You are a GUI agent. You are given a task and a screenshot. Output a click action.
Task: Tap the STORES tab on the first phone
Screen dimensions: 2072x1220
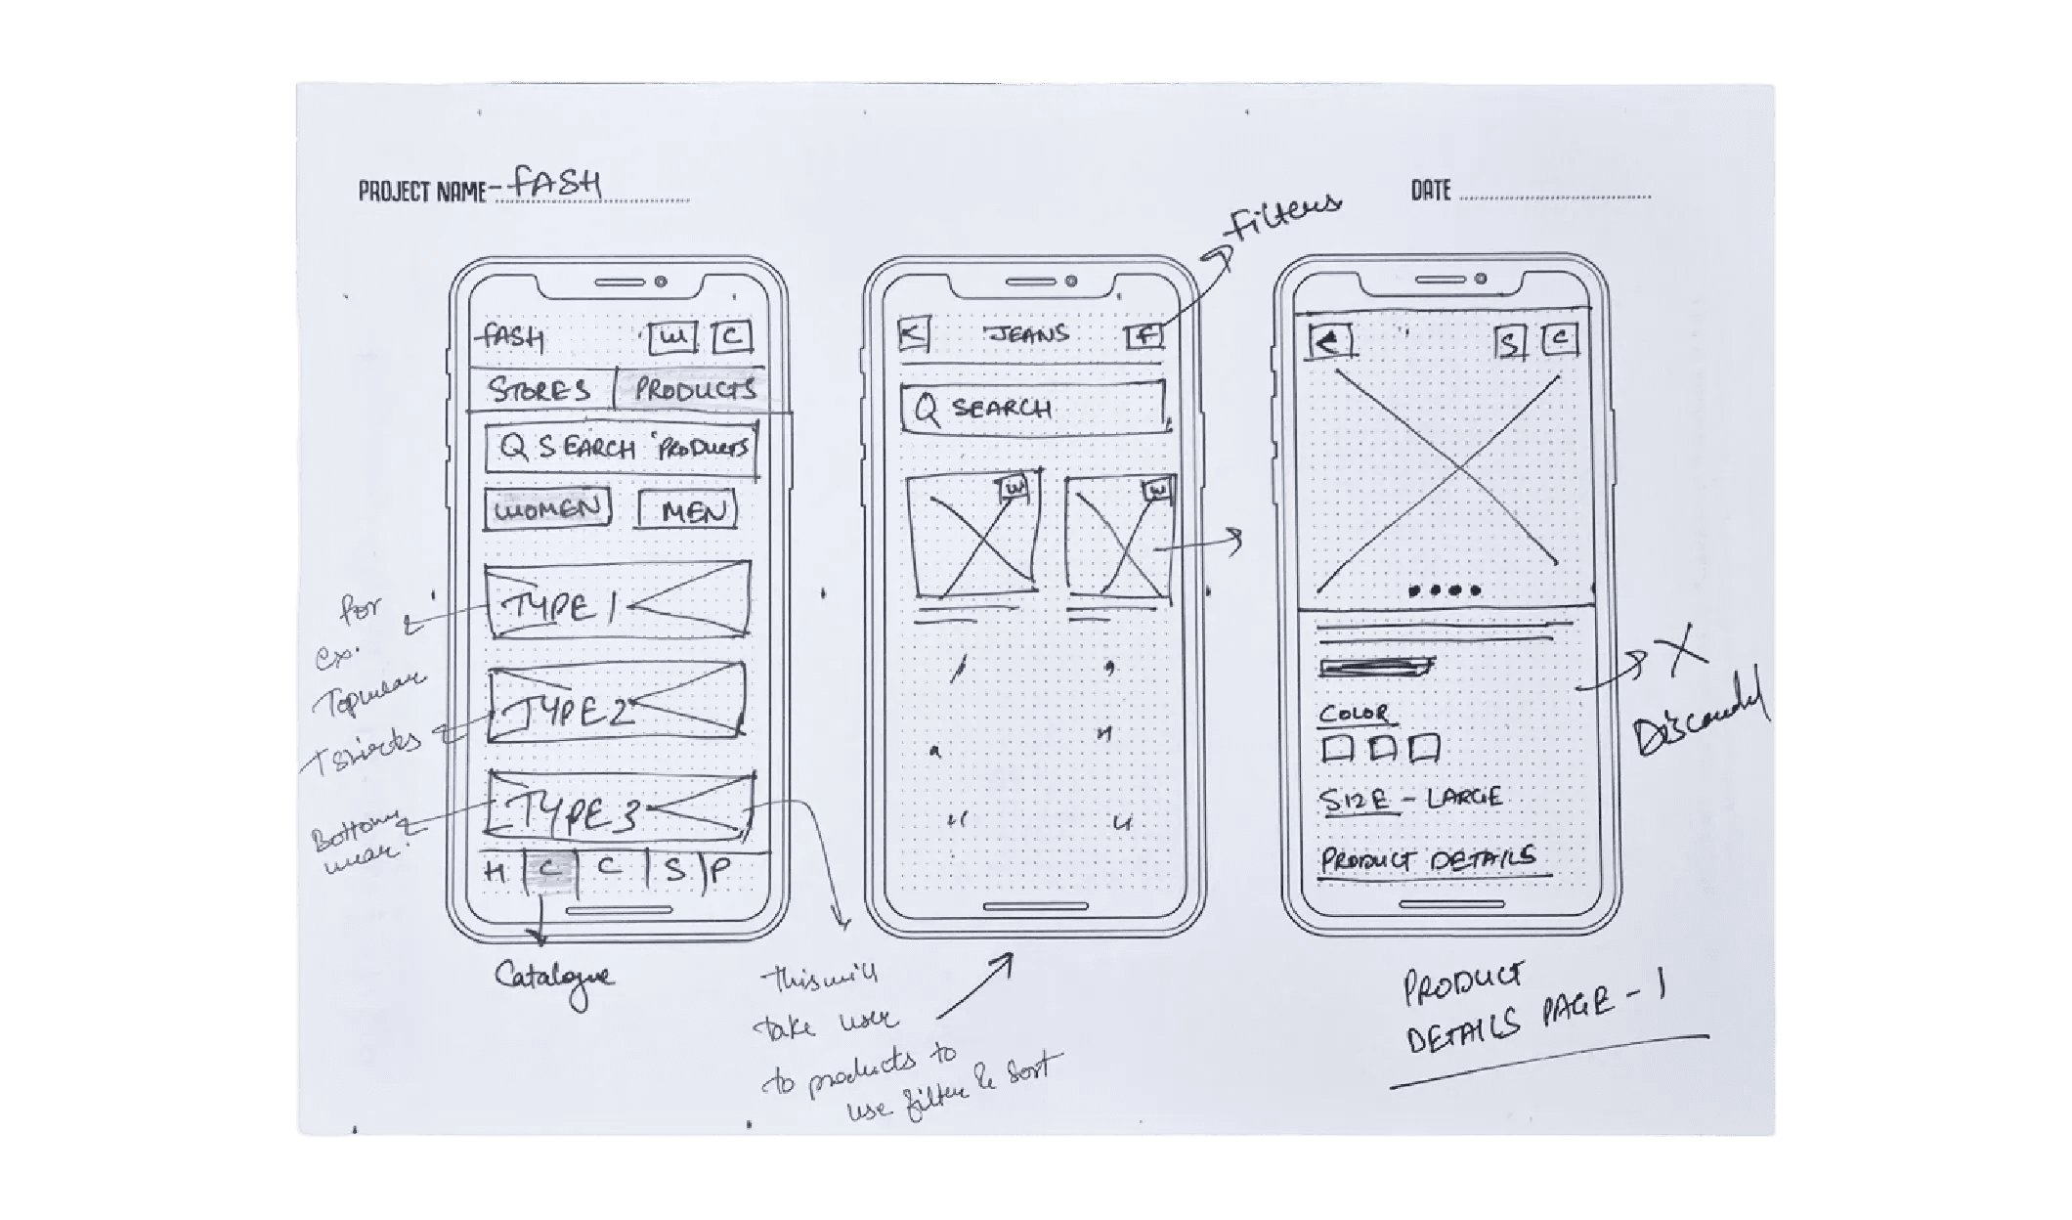click(540, 390)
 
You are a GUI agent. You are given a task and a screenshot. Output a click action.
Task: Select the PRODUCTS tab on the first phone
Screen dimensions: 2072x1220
click(694, 390)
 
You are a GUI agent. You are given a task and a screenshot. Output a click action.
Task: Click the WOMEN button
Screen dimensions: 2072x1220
click(546, 508)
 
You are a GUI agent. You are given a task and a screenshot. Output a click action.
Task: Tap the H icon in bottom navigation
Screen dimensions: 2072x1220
click(496, 871)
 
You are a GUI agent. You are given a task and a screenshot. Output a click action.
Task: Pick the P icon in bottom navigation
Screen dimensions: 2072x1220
click(720, 871)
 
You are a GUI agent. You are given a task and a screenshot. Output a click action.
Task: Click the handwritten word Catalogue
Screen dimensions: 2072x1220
click(554, 978)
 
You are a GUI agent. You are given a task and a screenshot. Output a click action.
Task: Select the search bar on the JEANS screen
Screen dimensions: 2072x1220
click(1032, 408)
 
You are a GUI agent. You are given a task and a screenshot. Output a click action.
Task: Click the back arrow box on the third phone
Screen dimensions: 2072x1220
click(1330, 341)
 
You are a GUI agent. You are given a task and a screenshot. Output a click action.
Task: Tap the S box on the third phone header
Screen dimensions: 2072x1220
click(1510, 342)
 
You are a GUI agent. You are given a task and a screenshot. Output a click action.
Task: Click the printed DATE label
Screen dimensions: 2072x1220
click(1430, 191)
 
